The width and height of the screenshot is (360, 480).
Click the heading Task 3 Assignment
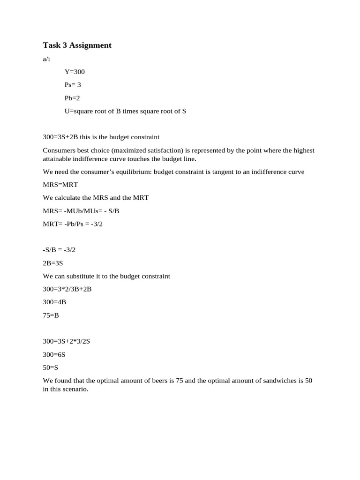pyautogui.click(x=77, y=45)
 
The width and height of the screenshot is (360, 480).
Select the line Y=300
pyautogui.click(x=75, y=72)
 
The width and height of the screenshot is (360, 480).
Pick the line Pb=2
pyautogui.click(x=73, y=98)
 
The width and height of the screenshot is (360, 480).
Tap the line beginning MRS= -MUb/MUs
pyautogui.click(x=81, y=211)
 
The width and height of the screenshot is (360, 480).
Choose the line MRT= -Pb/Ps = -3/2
pyautogui.click(x=73, y=224)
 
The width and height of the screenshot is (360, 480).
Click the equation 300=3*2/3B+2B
pyautogui.click(x=67, y=289)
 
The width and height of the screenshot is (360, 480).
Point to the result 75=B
pyautogui.click(x=51, y=315)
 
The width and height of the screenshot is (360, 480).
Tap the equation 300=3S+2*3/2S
pyautogui.click(x=66, y=341)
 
